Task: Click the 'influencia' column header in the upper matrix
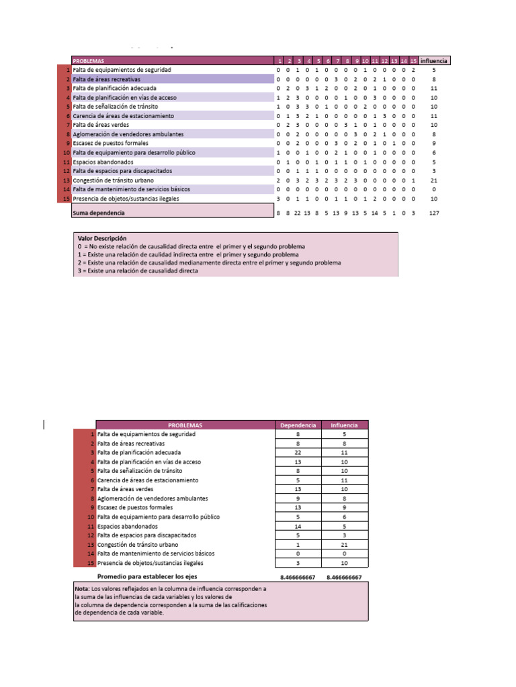point(434,60)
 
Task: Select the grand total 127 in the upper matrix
point(434,213)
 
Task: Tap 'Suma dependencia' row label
point(99,213)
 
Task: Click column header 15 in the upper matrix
point(414,60)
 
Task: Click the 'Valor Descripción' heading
point(102,238)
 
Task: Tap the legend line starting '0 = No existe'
point(191,247)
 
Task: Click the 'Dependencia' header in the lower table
point(298,425)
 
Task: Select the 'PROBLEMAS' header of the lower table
point(185,425)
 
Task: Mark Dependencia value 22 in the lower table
point(298,453)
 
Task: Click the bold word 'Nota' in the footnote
point(83,588)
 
